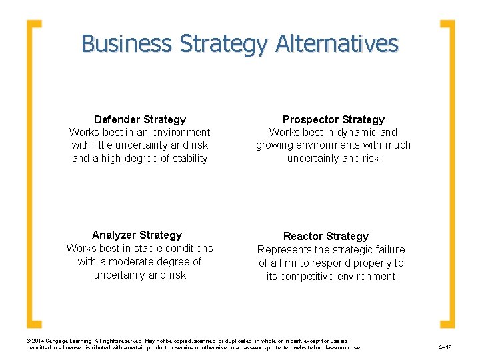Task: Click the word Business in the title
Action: [x=126, y=44]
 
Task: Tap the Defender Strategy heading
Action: [x=140, y=119]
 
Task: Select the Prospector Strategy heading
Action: [x=333, y=119]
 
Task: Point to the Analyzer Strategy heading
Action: [x=137, y=235]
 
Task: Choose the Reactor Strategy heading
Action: [x=326, y=236]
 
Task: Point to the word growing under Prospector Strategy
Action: [x=275, y=145]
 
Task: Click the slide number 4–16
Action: [x=445, y=347]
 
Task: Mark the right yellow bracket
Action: [x=449, y=173]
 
